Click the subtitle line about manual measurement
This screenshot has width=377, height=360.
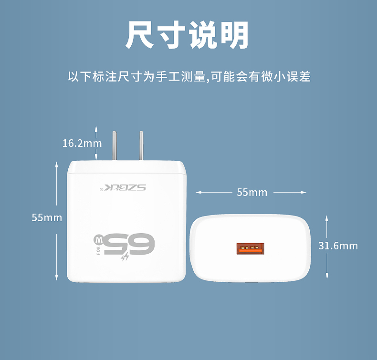(x=189, y=76)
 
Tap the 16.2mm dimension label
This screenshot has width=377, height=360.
(x=82, y=143)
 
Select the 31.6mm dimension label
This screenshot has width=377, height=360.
(x=338, y=246)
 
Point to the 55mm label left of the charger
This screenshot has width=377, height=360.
(x=47, y=217)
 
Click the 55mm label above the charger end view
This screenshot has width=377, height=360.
(x=252, y=192)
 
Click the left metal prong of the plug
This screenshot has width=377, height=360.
(x=115, y=145)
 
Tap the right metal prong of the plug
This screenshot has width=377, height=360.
(x=142, y=145)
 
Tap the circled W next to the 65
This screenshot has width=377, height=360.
(x=98, y=237)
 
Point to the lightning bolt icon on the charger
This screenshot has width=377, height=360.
(x=125, y=258)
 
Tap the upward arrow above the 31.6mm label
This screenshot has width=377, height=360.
(x=327, y=217)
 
